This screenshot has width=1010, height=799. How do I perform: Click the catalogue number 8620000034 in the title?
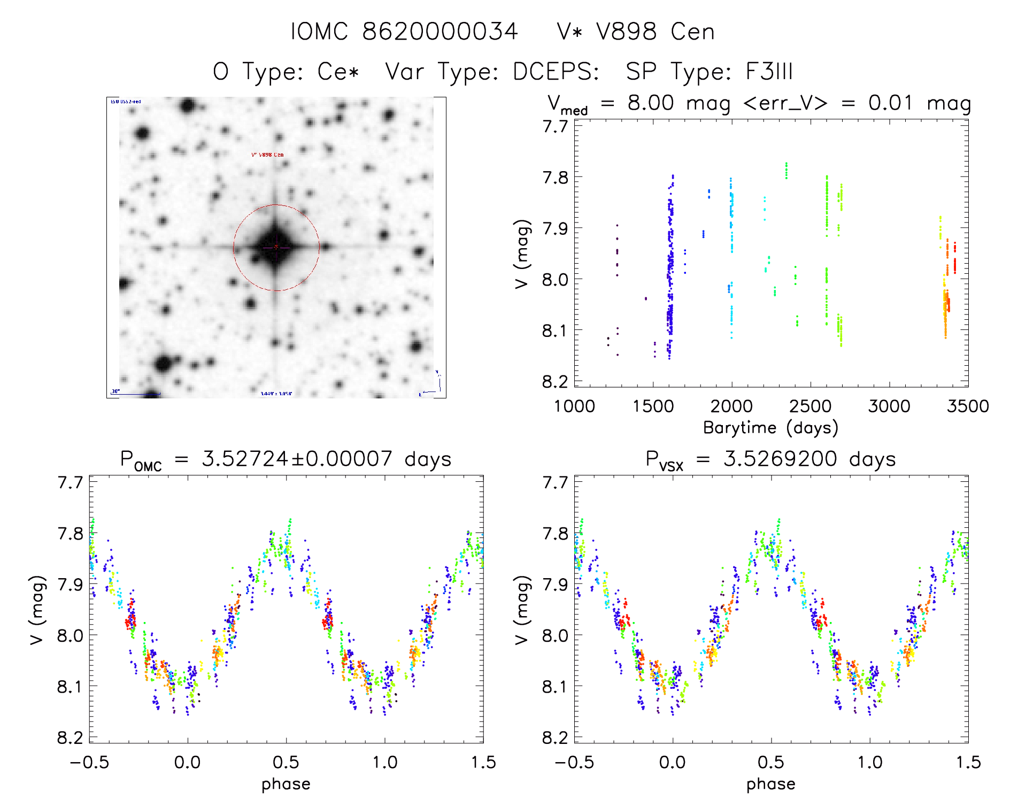click(x=440, y=32)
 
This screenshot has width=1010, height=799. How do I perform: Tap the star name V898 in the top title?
click(x=626, y=32)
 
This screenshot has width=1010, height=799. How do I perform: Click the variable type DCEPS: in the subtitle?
click(x=556, y=72)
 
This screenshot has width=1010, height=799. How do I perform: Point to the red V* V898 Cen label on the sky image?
click(x=267, y=155)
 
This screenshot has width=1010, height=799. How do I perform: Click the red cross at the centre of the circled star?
click(x=276, y=247)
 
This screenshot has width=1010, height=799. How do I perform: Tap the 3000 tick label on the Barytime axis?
click(x=889, y=406)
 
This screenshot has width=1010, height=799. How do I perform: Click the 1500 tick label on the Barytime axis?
click(x=653, y=406)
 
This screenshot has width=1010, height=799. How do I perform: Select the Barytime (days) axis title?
click(x=770, y=427)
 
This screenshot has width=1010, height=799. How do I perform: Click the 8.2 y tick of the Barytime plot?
click(x=555, y=381)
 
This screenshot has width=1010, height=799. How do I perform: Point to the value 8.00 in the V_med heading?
click(x=651, y=103)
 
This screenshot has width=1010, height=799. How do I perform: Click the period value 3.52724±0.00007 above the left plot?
click(x=297, y=459)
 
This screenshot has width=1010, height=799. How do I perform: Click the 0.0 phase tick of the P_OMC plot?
click(x=187, y=762)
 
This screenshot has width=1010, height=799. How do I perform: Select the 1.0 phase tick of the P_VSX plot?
click(x=870, y=762)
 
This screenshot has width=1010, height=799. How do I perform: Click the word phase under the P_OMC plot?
click(x=286, y=784)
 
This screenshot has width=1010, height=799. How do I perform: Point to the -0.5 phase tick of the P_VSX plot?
click(x=574, y=762)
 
